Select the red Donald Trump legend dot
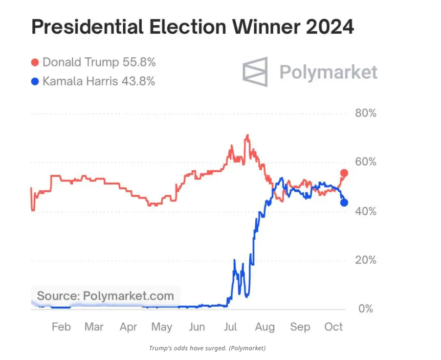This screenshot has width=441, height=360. (x=35, y=63)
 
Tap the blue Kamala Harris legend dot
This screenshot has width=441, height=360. (x=35, y=81)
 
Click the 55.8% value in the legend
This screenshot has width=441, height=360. (x=139, y=63)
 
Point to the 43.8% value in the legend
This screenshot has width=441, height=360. (x=138, y=81)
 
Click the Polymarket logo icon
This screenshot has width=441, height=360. (x=255, y=72)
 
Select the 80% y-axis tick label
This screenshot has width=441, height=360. (x=366, y=113)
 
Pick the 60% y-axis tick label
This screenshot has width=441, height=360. (x=366, y=162)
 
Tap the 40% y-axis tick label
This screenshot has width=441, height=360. (x=366, y=211)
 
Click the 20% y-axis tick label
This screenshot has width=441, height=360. (x=366, y=260)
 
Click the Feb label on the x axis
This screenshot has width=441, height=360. (x=61, y=327)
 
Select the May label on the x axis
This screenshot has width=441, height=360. (x=162, y=327)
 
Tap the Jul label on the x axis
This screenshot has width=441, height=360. (x=232, y=327)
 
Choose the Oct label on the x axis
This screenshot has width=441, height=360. (x=334, y=327)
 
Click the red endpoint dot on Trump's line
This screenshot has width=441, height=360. (x=344, y=173)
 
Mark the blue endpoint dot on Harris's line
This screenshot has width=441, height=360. (x=344, y=202)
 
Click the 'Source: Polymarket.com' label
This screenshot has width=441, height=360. (x=105, y=296)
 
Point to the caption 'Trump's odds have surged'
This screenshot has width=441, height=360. (x=207, y=348)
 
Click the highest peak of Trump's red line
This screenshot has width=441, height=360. (x=248, y=136)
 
